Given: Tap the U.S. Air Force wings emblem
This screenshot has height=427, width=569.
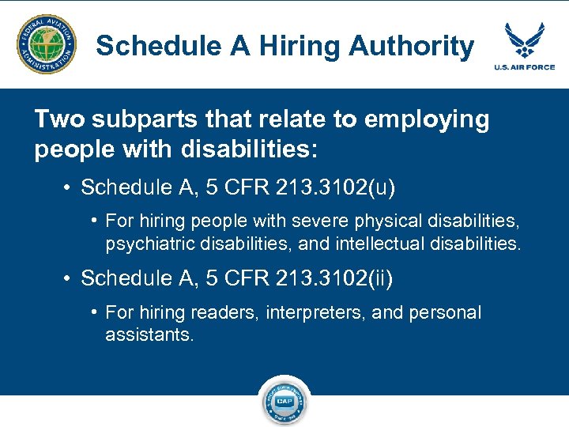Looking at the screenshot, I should [524, 40].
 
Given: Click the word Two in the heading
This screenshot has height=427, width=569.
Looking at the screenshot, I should [56, 120].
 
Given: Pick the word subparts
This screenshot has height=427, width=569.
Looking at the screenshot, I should [132, 120].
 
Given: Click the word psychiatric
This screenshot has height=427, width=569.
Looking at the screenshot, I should [149, 244].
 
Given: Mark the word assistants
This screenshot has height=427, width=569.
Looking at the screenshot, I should [149, 334].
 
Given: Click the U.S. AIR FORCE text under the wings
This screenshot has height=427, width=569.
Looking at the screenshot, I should [525, 67].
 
